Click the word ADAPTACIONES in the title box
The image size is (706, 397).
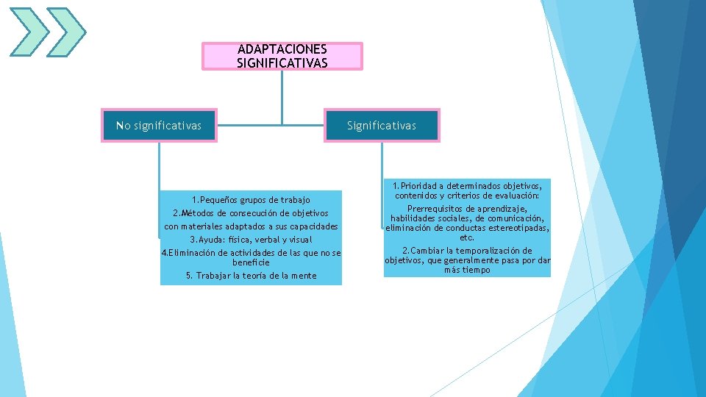click(x=282, y=49)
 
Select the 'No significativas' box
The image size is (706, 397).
click(x=159, y=126)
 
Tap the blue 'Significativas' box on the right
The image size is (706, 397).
click(x=382, y=126)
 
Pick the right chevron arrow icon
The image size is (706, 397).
click(x=65, y=32)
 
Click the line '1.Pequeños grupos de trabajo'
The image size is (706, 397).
click(x=251, y=200)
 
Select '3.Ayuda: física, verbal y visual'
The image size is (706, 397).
click(x=251, y=240)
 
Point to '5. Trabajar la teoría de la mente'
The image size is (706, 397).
click(x=251, y=276)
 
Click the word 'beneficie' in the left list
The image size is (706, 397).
click(x=251, y=262)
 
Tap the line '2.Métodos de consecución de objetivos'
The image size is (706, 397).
click(x=251, y=213)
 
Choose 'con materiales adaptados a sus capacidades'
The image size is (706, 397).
click(x=251, y=226)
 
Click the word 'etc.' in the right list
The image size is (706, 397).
click(x=467, y=237)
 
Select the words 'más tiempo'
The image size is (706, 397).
click(x=467, y=271)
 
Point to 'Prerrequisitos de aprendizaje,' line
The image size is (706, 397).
click(x=467, y=209)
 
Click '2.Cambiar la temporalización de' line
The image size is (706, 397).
click(x=467, y=251)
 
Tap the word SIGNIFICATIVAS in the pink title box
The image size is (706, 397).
click(x=282, y=63)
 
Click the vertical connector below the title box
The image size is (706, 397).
click(x=282, y=96)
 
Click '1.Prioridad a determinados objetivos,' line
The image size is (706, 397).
click(x=467, y=186)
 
